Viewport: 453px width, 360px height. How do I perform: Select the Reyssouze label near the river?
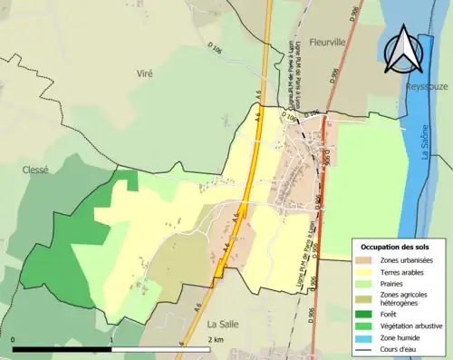pyautogui.click(x=428, y=87)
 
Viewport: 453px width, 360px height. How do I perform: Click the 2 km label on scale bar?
pyautogui.click(x=216, y=339)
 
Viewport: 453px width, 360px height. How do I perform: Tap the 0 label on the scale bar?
pyautogui.click(x=14, y=339)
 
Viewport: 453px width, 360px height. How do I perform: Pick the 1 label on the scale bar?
pyautogui.click(x=111, y=339)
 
